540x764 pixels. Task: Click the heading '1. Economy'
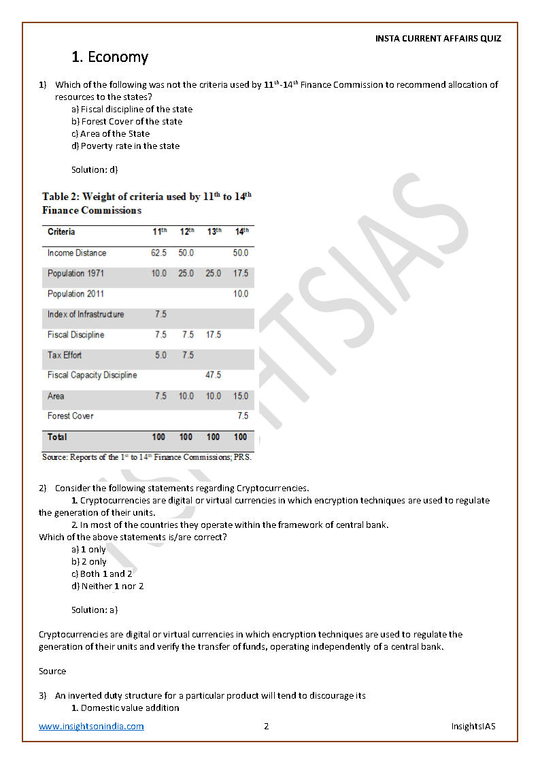[109, 57]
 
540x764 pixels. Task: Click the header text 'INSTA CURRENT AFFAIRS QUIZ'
[438, 39]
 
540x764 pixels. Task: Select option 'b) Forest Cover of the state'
[126, 122]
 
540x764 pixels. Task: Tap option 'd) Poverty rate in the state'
[125, 146]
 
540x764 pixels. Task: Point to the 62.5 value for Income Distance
[158, 253]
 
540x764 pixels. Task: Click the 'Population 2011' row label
[75, 294]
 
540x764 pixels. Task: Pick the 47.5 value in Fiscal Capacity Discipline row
[213, 376]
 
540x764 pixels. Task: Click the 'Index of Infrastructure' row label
[86, 314]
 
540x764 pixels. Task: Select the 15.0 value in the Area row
[240, 396]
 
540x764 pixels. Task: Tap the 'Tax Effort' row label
[65, 355]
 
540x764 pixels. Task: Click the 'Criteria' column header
[61, 233]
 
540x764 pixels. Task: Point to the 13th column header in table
[214, 232]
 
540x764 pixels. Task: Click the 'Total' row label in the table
[57, 437]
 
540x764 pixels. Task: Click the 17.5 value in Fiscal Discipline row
[213, 335]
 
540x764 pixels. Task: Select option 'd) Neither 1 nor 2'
[107, 586]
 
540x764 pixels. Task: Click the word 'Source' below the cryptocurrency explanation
[52, 671]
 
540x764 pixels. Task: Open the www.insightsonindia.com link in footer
[91, 727]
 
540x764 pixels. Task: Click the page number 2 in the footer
[267, 727]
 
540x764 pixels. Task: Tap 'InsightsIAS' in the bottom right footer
[473, 727]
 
